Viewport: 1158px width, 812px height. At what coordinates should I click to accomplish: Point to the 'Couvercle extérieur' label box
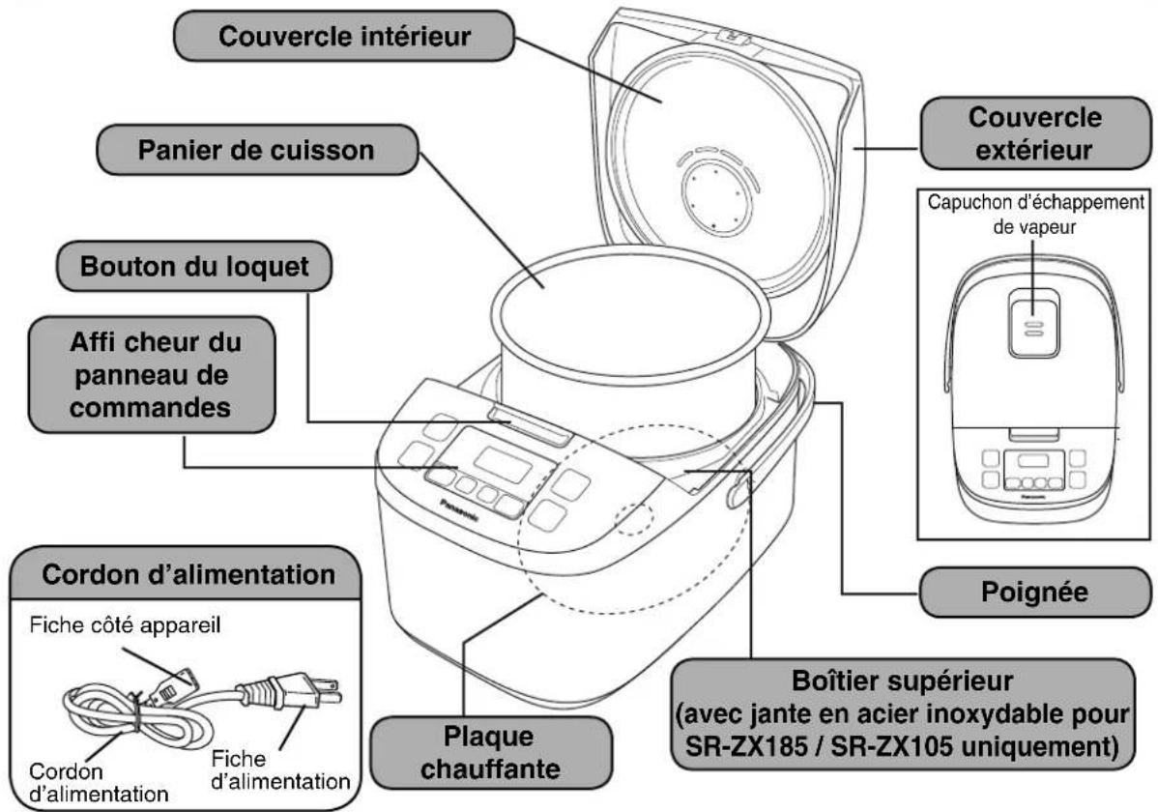[x=1033, y=133]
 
